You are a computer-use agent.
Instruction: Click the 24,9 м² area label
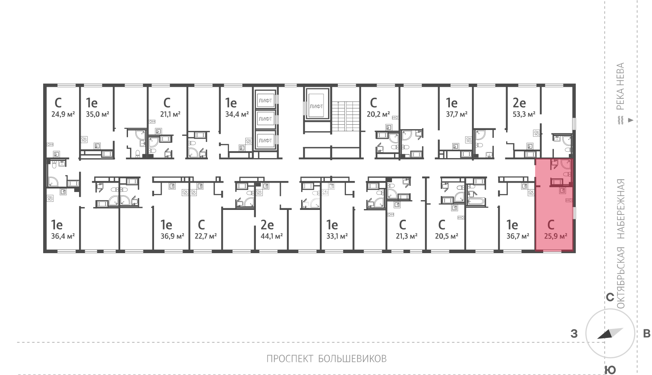63,114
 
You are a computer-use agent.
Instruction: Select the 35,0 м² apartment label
97,114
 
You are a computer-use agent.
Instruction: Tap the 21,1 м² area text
170,114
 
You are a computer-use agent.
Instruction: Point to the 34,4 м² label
237,114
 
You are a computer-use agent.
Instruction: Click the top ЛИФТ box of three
265,100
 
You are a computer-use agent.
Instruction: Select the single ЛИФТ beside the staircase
316,106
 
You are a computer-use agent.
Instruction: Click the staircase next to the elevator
346,116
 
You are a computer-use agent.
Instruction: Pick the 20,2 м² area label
379,114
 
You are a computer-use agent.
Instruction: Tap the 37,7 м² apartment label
457,114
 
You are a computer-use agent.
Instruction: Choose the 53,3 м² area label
524,114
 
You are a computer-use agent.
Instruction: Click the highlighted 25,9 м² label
555,236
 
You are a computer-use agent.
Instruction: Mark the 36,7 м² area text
518,236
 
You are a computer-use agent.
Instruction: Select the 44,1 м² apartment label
271,236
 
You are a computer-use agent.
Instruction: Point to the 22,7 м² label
206,236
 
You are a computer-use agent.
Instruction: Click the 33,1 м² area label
337,236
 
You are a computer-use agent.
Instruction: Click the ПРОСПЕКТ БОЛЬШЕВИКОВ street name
326,359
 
